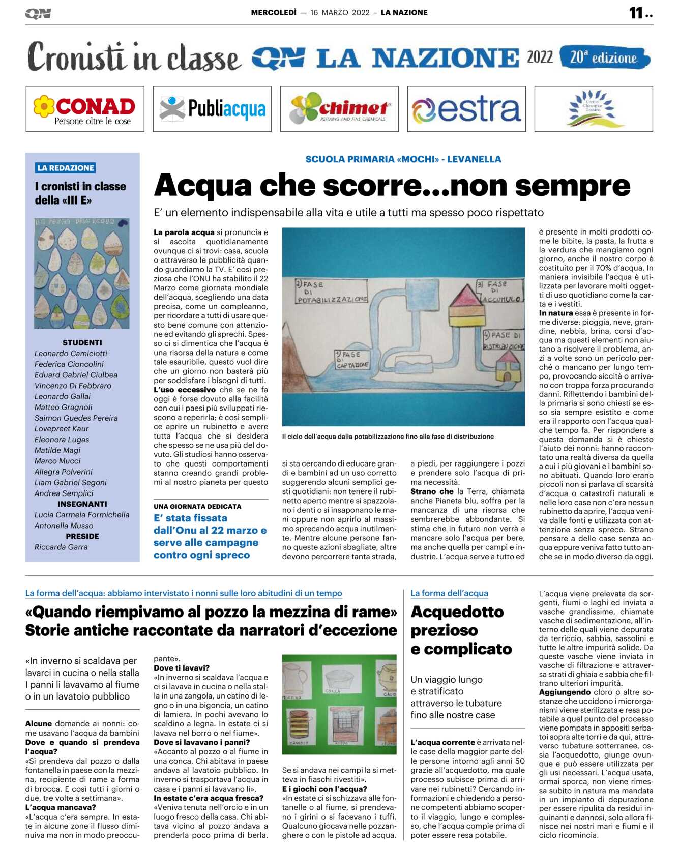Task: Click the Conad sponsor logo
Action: click(x=85, y=109)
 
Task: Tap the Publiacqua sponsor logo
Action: click(x=212, y=109)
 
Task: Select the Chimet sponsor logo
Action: click(x=339, y=109)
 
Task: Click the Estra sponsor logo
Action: click(x=466, y=109)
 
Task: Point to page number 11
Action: click(x=637, y=13)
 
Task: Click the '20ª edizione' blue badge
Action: click(x=604, y=57)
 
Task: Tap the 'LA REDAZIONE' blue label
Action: click(x=66, y=168)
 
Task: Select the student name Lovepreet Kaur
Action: click(x=62, y=429)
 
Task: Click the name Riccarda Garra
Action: click(x=61, y=547)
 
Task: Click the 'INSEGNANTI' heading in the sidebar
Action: click(x=82, y=504)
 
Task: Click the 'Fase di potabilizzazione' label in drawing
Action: click(x=332, y=292)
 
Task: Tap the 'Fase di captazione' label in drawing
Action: click(x=351, y=360)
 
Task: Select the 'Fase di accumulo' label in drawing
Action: click(x=499, y=292)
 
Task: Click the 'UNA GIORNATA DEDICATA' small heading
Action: click(x=197, y=507)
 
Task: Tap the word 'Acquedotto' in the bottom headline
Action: click(x=457, y=612)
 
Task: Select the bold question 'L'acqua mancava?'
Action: click(x=61, y=807)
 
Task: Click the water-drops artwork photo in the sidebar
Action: click(x=82, y=274)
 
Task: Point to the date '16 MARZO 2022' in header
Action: click(x=340, y=13)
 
